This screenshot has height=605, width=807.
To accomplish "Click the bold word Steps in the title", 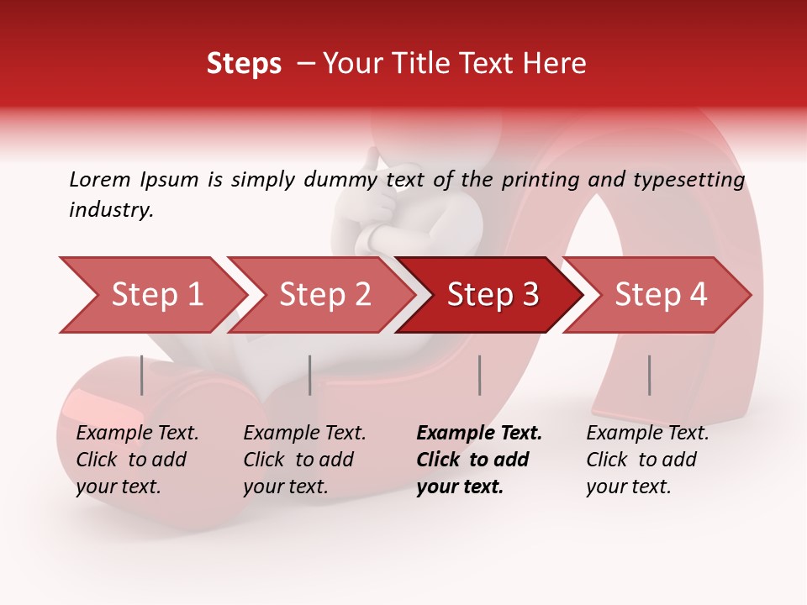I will [x=244, y=64].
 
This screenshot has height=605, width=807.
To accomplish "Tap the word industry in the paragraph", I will [x=111, y=209].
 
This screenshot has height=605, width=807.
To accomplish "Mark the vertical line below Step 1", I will [x=142, y=375].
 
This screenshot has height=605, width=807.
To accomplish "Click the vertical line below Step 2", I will [x=310, y=375].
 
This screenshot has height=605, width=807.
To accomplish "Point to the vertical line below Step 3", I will [x=479, y=375].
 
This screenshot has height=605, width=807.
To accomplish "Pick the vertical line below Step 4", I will [x=649, y=375].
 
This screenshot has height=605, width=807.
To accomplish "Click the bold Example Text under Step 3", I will [x=479, y=434].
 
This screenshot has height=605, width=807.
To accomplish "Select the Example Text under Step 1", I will [x=137, y=434].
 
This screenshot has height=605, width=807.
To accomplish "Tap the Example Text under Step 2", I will [x=304, y=434].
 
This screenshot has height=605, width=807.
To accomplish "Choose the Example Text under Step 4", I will [x=647, y=434].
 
